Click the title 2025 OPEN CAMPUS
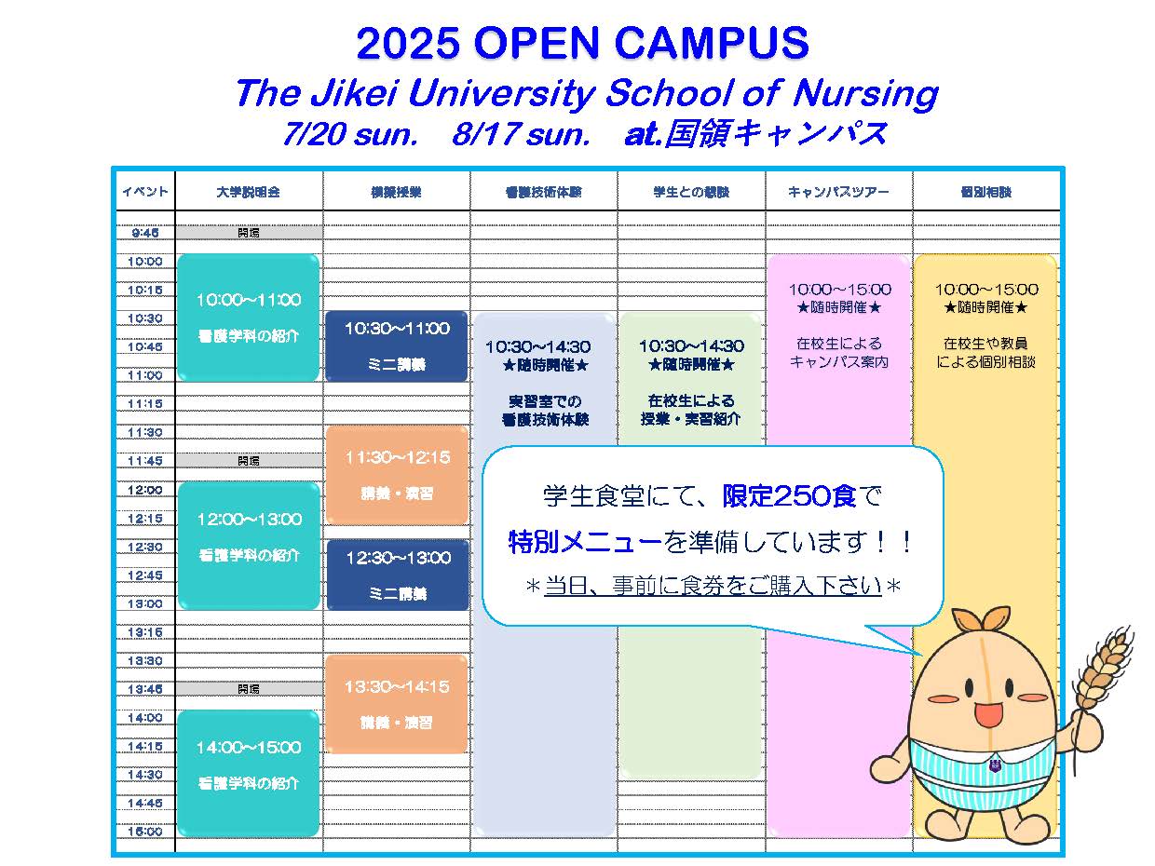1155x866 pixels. point(582,44)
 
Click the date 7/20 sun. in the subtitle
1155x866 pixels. point(349,135)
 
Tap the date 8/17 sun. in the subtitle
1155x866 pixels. point(521,135)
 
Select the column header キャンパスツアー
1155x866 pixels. point(838,192)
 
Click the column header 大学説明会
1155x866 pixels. point(248,192)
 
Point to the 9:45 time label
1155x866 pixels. point(145,233)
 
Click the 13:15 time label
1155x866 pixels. point(145,632)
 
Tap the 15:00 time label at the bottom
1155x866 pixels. point(145,832)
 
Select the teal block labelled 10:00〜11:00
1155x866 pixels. point(248,318)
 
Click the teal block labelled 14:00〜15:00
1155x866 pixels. point(248,773)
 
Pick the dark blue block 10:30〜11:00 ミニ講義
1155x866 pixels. point(397,345)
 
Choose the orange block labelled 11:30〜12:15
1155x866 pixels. point(397,475)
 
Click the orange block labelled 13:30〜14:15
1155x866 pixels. point(397,704)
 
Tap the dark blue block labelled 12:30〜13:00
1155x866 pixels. point(397,575)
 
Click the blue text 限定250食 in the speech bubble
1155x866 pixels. point(789,496)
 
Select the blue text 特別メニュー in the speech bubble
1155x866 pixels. point(585,541)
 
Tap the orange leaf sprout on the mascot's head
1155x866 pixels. point(986,619)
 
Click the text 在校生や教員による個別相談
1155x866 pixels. point(986,353)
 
